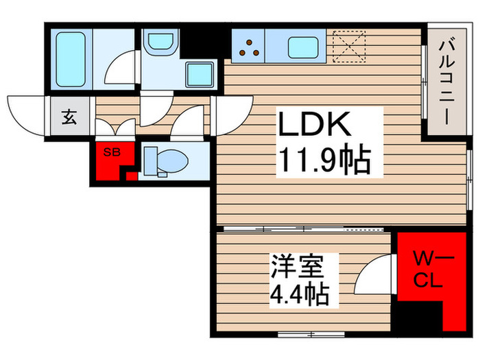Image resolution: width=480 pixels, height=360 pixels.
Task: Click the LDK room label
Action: tap(315, 126)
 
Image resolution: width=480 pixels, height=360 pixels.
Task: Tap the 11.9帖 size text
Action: tap(324, 162)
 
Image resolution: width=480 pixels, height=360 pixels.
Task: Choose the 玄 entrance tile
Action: tap(69, 117)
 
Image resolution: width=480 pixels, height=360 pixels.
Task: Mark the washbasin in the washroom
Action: tap(160, 40)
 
